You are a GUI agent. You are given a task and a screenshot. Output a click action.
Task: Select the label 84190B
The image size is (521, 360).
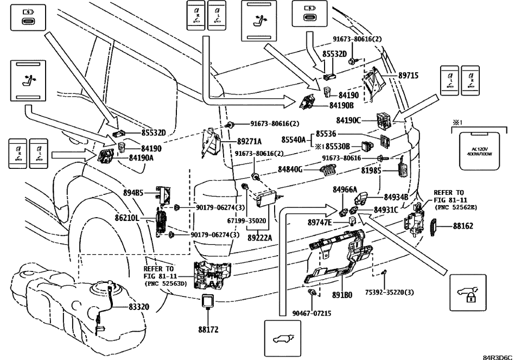click(x=341, y=105)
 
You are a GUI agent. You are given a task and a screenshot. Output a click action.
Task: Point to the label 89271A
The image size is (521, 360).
click(x=249, y=140)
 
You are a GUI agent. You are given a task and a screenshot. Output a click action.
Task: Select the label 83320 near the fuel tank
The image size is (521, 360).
click(x=142, y=307)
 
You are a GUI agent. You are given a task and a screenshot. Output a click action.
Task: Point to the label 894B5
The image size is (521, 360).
click(x=133, y=192)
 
